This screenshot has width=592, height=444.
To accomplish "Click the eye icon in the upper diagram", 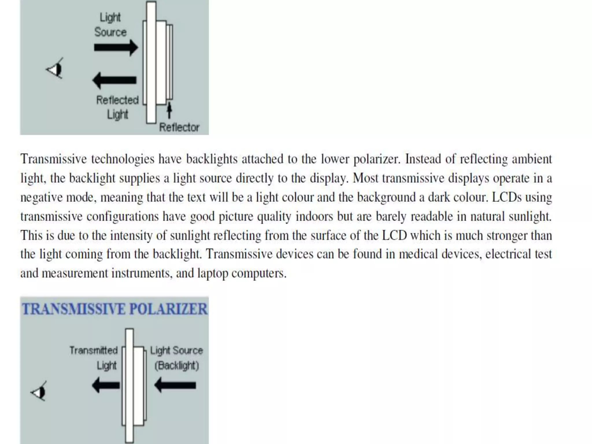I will [x=55, y=69].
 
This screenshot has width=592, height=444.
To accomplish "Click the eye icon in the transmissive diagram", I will [x=39, y=392].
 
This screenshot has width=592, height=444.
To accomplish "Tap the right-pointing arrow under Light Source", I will [x=116, y=47].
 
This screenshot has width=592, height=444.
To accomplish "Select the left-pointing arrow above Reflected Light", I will [x=114, y=80].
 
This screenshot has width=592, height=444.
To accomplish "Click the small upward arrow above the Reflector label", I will [x=169, y=110].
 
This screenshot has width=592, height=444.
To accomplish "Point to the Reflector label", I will [x=179, y=127].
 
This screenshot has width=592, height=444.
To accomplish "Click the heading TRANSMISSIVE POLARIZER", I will [x=115, y=309].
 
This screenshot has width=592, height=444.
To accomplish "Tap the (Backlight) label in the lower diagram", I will [x=177, y=366].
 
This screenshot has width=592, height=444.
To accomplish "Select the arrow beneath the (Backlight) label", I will [x=175, y=385].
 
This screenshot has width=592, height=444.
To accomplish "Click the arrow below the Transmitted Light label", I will [x=106, y=385].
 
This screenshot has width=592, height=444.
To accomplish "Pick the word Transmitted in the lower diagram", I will [x=94, y=350].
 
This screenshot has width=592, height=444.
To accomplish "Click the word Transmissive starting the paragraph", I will [x=54, y=159].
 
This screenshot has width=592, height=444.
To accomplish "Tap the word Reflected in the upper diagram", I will [x=117, y=100].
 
